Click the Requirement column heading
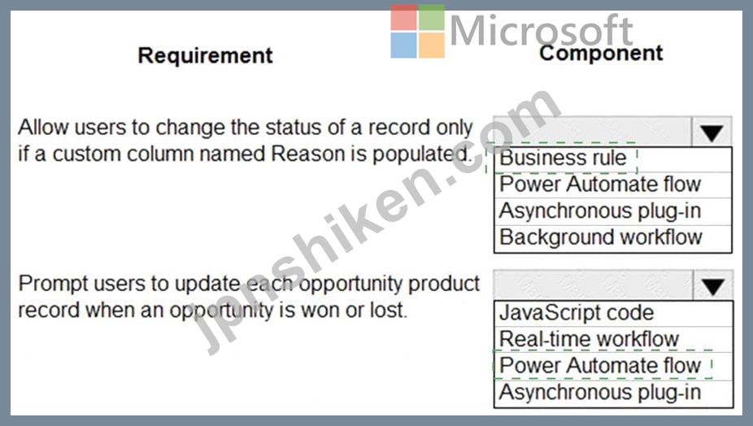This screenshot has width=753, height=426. (205, 56)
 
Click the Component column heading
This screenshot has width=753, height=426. (601, 53)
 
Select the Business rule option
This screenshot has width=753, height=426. (563, 158)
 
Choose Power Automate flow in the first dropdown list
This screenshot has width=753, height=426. (600, 185)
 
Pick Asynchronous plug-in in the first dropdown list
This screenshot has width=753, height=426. (600, 211)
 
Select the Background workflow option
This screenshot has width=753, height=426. (601, 237)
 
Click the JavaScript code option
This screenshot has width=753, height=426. (577, 313)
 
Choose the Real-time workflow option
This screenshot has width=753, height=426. (590, 340)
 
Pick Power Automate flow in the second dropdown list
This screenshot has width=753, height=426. (600, 366)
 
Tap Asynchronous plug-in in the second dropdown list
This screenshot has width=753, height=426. (600, 393)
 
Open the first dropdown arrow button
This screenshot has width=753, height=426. (712, 132)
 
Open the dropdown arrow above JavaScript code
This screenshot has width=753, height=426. (713, 285)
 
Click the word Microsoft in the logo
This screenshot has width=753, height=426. (542, 31)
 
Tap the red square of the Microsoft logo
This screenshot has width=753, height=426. (404, 18)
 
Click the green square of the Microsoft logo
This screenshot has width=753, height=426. (432, 18)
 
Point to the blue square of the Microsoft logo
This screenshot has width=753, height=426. (404, 46)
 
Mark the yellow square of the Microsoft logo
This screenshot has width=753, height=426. (432, 46)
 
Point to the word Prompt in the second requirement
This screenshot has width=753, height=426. (54, 285)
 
